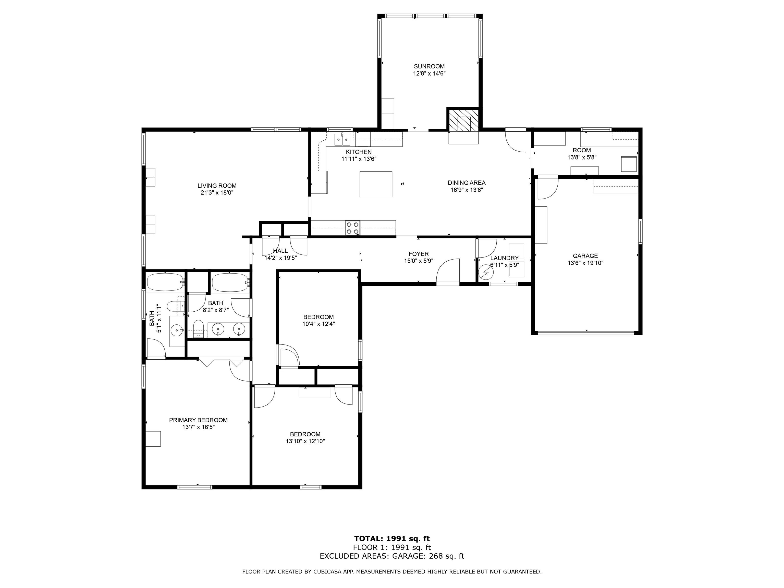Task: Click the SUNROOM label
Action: [429, 66]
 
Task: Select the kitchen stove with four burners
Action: [353, 228]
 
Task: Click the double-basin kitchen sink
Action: [343, 140]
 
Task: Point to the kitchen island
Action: [376, 184]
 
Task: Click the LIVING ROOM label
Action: [217, 186]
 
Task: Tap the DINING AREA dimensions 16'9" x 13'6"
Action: [467, 190]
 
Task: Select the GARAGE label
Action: [585, 256]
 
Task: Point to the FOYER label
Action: [419, 254]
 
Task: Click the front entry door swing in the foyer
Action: [448, 271]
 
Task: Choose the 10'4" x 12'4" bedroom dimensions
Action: [319, 324]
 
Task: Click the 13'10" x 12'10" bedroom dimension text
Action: [305, 441]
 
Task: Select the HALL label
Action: [280, 251]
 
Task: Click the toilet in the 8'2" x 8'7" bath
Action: [198, 328]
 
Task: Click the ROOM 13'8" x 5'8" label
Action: [582, 154]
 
